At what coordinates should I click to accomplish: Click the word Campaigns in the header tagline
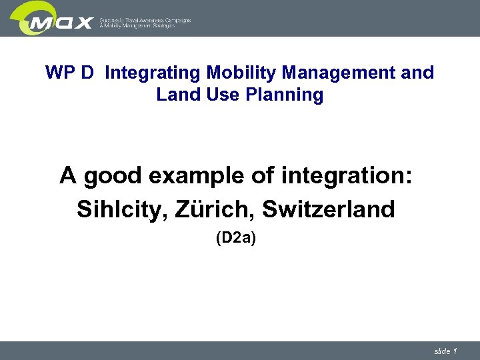tap(175, 21)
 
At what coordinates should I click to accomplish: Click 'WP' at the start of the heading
tap(59, 73)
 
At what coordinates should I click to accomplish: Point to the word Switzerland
tap(329, 209)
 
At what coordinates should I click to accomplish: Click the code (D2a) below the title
tap(235, 239)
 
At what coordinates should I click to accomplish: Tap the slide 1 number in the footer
tap(445, 351)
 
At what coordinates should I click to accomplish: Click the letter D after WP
tap(88, 73)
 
